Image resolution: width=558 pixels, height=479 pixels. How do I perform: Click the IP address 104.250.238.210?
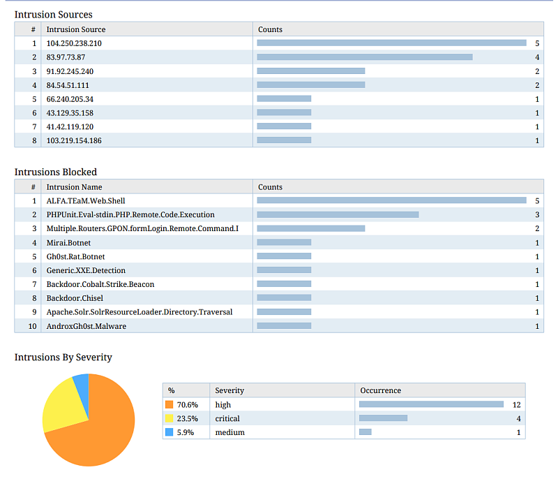[x=74, y=43]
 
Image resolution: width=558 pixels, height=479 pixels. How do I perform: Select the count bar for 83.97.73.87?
[x=365, y=57]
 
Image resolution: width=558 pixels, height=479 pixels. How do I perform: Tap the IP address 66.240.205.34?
[x=70, y=99]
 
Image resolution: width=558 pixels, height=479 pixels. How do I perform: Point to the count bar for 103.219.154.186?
[x=284, y=140]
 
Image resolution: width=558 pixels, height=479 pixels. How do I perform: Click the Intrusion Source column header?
[x=76, y=29]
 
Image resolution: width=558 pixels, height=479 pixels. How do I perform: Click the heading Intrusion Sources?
[x=53, y=14]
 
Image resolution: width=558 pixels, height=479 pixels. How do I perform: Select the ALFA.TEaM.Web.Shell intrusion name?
[x=86, y=201]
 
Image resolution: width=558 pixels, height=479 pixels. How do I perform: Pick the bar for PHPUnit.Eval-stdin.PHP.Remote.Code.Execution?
[x=338, y=214]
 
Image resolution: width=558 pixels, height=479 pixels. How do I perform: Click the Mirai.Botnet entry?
[x=68, y=242]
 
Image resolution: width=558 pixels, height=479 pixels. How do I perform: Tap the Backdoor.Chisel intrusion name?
[x=75, y=298]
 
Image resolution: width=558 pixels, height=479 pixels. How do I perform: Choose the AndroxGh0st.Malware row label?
[x=86, y=326]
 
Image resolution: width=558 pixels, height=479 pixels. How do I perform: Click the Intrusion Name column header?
[x=74, y=187]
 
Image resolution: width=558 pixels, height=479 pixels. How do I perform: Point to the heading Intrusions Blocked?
[x=56, y=172]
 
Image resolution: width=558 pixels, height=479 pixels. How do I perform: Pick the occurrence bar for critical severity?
[x=383, y=418]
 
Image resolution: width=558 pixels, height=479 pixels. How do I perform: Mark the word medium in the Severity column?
[x=229, y=432]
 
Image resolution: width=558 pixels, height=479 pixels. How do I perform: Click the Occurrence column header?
[x=380, y=390]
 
